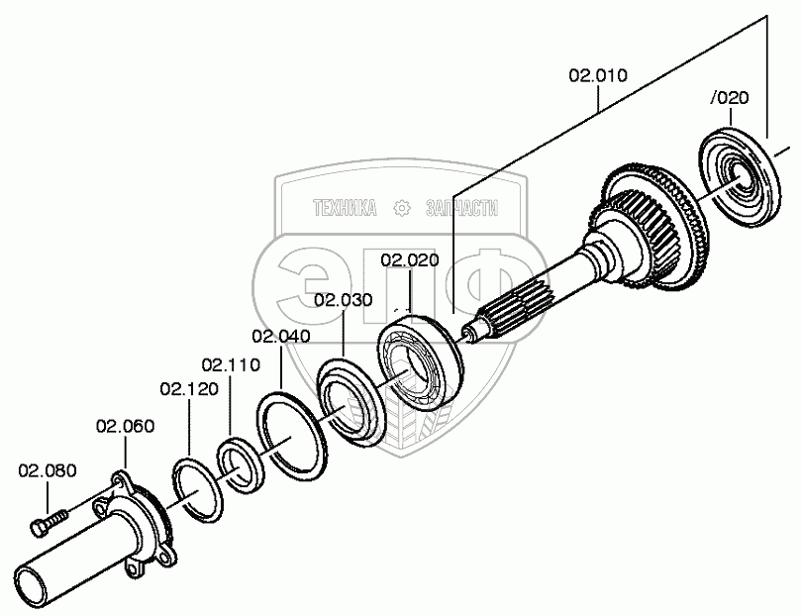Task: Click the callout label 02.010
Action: point(597,75)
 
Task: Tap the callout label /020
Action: point(730,97)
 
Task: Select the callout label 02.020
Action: point(408,260)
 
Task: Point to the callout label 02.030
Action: point(343,300)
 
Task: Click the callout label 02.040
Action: point(280,336)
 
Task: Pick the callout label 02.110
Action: point(231,364)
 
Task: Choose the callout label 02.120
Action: point(188,388)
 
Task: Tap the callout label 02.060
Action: point(125,427)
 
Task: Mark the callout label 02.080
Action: point(46,470)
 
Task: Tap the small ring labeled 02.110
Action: point(239,463)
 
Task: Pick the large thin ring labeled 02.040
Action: point(289,434)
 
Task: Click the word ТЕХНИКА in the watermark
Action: point(344,208)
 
